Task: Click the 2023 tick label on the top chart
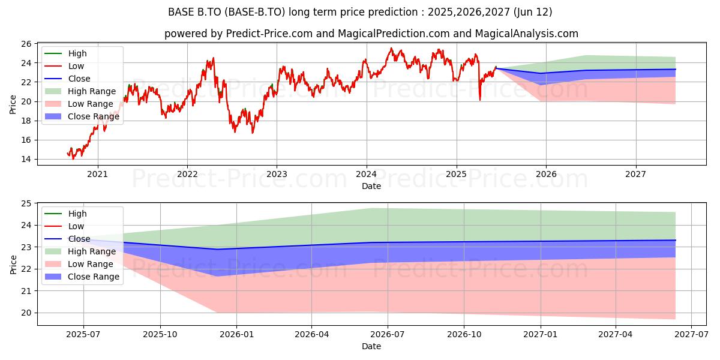pyautogui.click(x=277, y=174)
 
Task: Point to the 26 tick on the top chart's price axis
pyautogui.click(x=26, y=44)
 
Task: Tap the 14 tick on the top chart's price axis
pyautogui.click(x=26, y=160)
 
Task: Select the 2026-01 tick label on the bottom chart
pyautogui.click(x=237, y=334)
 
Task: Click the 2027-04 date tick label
pyautogui.click(x=615, y=334)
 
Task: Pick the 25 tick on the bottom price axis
pyautogui.click(x=26, y=203)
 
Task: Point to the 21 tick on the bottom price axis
pyautogui.click(x=26, y=291)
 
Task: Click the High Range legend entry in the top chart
pyautogui.click(x=80, y=91)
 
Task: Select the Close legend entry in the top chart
pyautogui.click(x=67, y=79)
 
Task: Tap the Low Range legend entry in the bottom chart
pyautogui.click(x=79, y=264)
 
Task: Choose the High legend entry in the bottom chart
pyautogui.click(x=65, y=214)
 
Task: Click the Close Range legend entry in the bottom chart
pyautogui.click(x=82, y=277)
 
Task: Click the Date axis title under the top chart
pyautogui.click(x=371, y=186)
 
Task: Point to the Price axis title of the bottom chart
pyautogui.click(x=13, y=265)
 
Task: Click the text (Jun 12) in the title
pyautogui.click(x=533, y=12)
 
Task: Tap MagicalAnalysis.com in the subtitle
pyautogui.click(x=527, y=34)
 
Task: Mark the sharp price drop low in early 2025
pyautogui.click(x=480, y=100)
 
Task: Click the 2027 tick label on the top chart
pyautogui.click(x=635, y=174)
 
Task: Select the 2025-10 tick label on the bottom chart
pyautogui.click(x=160, y=334)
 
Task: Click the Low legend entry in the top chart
pyautogui.click(x=64, y=66)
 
